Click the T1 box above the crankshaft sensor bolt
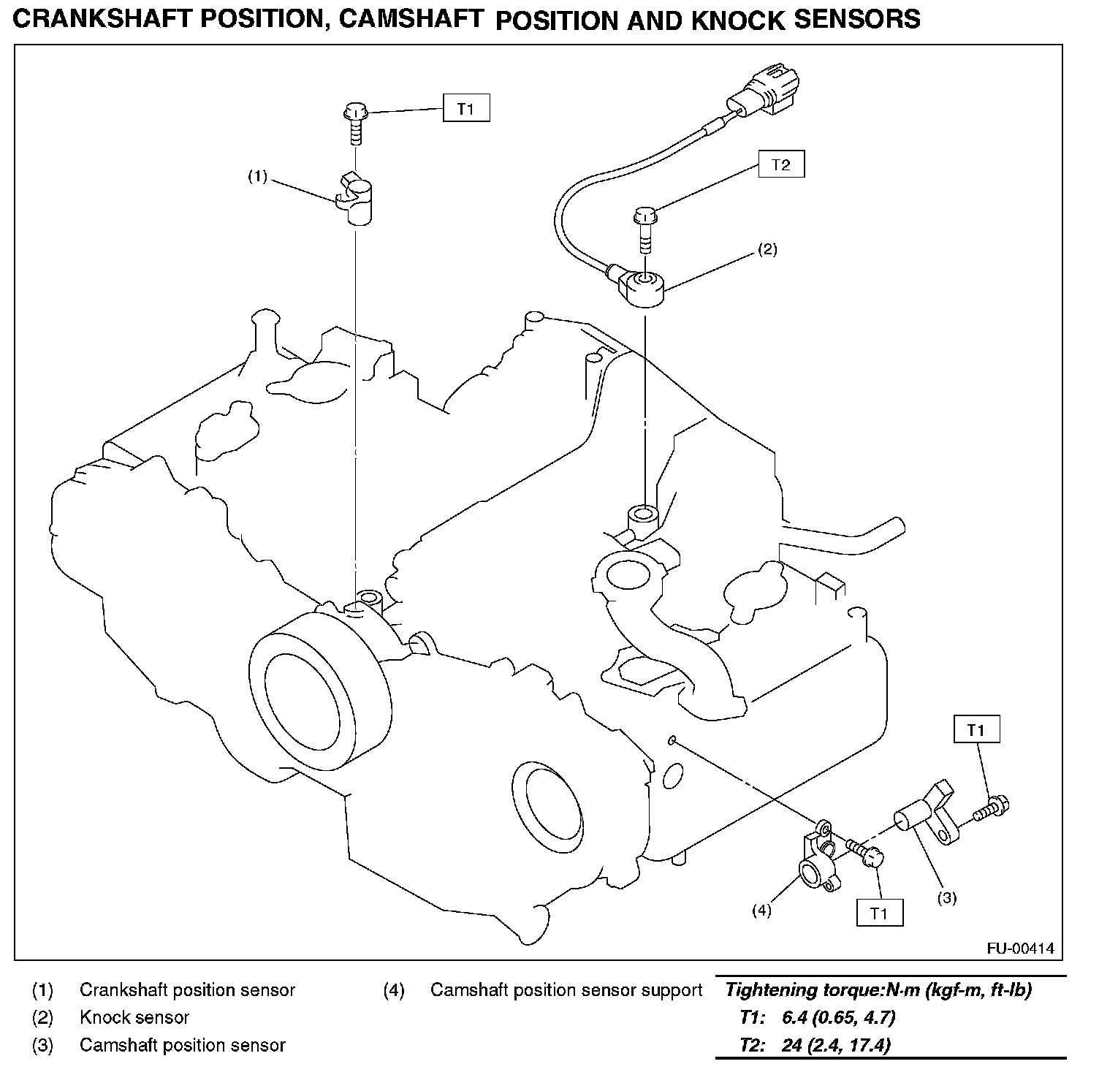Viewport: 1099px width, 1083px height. pos(466,109)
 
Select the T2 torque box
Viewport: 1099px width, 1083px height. pos(781,164)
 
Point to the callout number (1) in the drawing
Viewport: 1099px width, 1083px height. pos(258,177)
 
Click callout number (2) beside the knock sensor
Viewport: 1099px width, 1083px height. pos(767,249)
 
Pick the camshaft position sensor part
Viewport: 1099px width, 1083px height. pos(927,816)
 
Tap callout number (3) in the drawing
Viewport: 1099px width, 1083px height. pos(946,898)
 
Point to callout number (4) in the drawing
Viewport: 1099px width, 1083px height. pos(761,910)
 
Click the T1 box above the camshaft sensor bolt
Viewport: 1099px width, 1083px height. pos(976,730)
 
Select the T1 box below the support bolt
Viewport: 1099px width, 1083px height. pos(880,913)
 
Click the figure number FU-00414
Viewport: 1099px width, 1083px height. pos(1020,949)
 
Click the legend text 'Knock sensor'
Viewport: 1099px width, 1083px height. pos(134,1017)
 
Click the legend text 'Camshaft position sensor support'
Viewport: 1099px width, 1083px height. pos(566,990)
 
